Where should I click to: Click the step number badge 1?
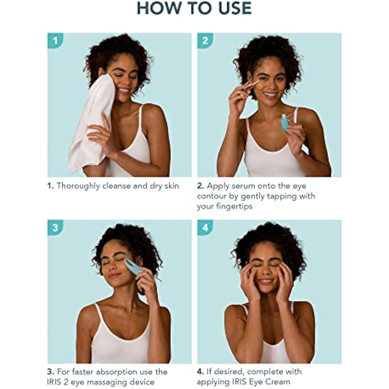(x=55, y=40)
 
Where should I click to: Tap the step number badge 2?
(x=205, y=40)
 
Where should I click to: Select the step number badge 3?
(x=55, y=227)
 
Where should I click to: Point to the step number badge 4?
(x=205, y=227)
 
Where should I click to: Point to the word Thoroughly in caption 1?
(x=78, y=186)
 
